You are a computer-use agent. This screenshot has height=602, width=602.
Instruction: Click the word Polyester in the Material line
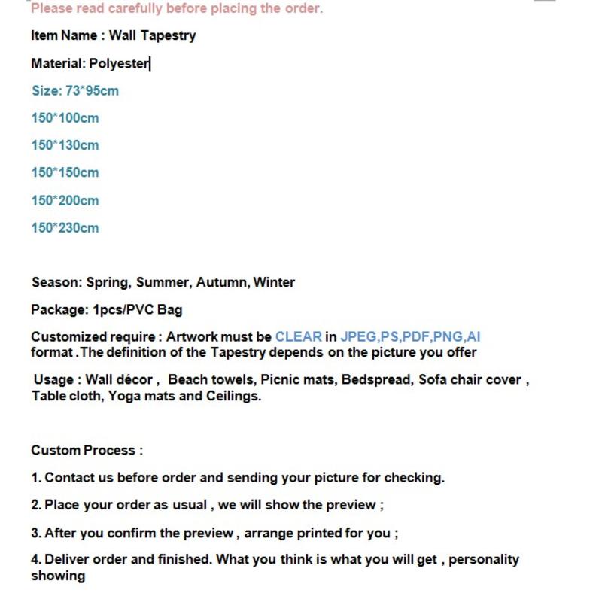119,63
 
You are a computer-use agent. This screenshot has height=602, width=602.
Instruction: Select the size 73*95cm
92,91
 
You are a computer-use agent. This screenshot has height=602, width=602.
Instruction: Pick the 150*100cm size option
65,118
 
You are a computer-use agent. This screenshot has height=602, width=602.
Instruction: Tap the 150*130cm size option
65,145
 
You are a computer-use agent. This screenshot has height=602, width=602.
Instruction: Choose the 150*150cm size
65,172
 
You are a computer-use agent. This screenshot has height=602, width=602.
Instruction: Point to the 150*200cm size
65,200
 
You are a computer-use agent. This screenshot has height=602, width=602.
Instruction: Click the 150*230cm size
65,227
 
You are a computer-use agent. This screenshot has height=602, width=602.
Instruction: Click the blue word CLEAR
298,337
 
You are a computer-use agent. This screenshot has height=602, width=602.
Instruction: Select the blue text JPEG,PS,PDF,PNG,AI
410,337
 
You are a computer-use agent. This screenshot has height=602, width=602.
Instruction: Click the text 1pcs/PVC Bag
137,309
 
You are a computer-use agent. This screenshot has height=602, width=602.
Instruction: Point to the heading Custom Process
87,451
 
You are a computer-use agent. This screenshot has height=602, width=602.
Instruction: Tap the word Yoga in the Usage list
125,396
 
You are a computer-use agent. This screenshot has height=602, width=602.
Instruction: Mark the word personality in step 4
484,559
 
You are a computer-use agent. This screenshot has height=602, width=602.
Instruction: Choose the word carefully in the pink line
129,9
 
